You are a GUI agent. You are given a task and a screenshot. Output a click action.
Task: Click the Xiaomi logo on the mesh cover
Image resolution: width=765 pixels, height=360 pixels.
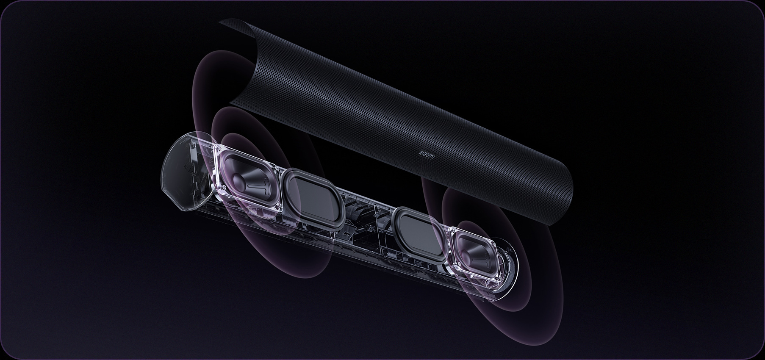coord(427,155)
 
